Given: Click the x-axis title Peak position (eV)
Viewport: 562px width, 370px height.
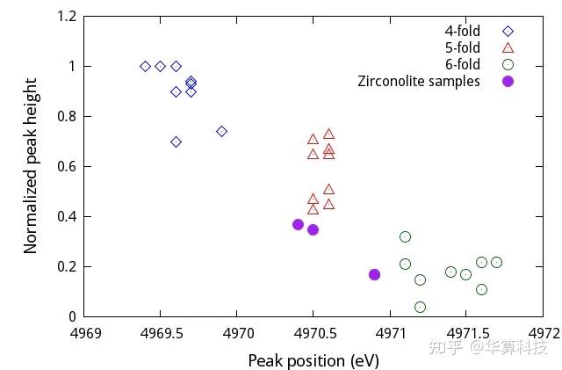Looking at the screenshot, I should (313, 360).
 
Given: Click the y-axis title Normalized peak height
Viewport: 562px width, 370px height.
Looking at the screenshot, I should (31, 166).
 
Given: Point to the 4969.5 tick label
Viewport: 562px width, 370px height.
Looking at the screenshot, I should (161, 334).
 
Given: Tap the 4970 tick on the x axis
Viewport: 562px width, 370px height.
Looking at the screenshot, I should (238, 334).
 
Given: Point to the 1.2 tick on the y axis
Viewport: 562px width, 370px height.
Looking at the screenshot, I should (67, 17).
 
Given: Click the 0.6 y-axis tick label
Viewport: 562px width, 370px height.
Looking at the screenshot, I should (67, 167).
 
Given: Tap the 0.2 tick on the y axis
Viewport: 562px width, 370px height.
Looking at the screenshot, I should (67, 267).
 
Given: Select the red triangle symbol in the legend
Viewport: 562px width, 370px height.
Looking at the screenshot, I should (508, 47).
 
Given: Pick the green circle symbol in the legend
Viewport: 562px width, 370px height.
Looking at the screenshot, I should (508, 64).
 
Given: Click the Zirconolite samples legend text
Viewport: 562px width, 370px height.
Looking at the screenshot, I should (419, 81).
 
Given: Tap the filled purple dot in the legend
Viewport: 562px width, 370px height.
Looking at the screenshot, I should (508, 81).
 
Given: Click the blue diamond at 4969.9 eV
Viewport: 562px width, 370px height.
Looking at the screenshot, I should (222, 131).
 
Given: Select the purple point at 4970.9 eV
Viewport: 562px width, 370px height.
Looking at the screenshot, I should (375, 274).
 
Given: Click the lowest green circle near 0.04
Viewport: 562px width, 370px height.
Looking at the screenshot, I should (420, 307).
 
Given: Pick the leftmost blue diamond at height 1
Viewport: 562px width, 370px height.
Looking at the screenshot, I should (146, 66).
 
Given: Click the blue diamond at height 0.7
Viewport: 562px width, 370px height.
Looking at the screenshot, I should (177, 141).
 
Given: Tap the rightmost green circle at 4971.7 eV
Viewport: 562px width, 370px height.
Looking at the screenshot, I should (496, 262).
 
